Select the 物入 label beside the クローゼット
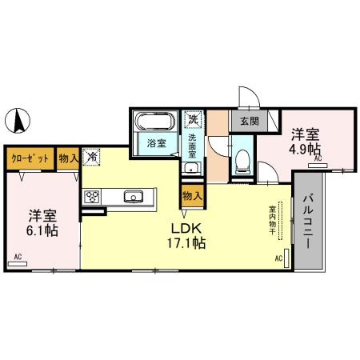point(68,158)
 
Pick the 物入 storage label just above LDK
point(192,195)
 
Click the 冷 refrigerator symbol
point(93,158)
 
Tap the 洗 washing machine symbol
point(192,120)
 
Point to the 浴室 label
point(157,143)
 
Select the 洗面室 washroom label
point(192,146)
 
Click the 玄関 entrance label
point(247,122)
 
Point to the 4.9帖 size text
point(305,149)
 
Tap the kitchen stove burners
point(91,197)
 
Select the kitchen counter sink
point(133,197)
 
